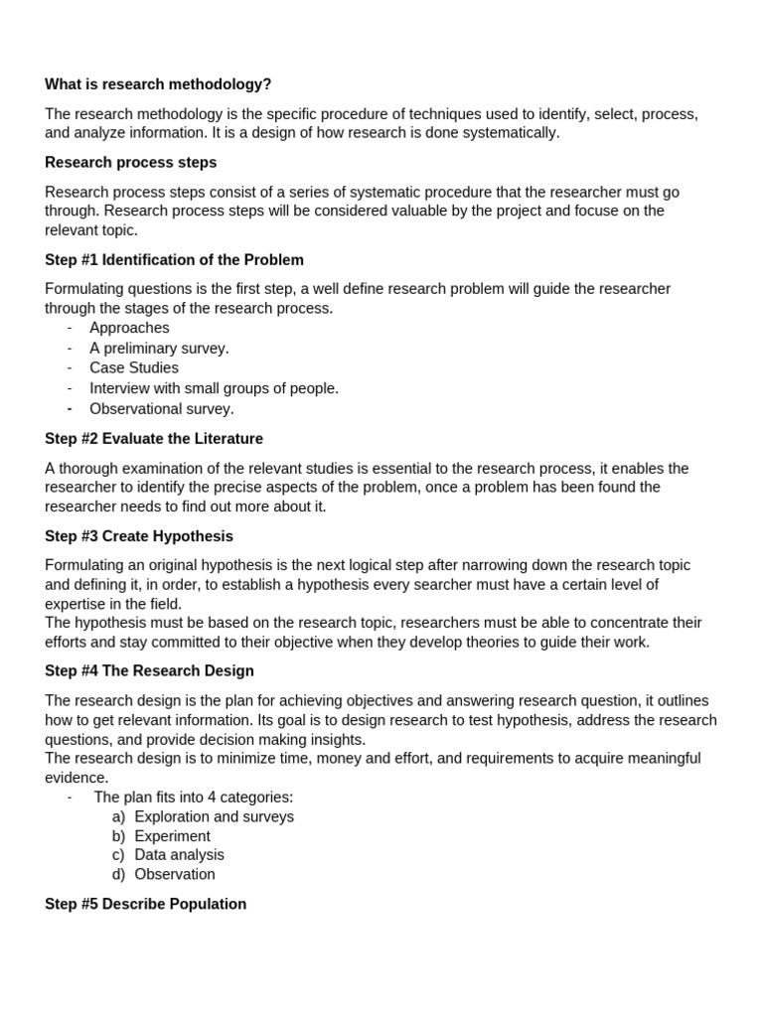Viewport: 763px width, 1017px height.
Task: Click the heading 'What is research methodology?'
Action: [x=158, y=85]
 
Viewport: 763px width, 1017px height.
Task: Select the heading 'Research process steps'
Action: [x=130, y=162]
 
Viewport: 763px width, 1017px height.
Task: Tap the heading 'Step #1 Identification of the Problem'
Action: [x=174, y=260]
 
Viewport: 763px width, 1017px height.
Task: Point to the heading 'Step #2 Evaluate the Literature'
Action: [x=154, y=439]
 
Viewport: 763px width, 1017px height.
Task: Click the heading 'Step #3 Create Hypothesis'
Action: [x=139, y=536]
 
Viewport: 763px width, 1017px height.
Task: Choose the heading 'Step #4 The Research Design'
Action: [x=149, y=671]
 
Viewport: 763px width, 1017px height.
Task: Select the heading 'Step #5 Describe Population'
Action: [x=145, y=905]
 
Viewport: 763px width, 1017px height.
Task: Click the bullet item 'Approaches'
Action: [x=129, y=328]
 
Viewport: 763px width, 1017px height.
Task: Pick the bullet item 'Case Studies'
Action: [x=134, y=368]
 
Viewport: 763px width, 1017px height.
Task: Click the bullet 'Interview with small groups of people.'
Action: [x=214, y=388]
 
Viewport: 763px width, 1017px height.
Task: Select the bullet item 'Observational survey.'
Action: [x=162, y=409]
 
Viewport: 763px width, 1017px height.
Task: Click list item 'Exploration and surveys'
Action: [x=214, y=817]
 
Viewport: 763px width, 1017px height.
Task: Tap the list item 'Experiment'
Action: [x=172, y=836]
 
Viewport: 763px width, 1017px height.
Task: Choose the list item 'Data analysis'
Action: [x=179, y=855]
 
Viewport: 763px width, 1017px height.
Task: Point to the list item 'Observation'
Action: [x=175, y=875]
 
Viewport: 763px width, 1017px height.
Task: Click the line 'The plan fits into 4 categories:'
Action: [x=194, y=798]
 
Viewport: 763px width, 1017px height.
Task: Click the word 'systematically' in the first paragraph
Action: [x=511, y=133]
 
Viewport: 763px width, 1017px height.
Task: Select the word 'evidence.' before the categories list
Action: [x=76, y=778]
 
